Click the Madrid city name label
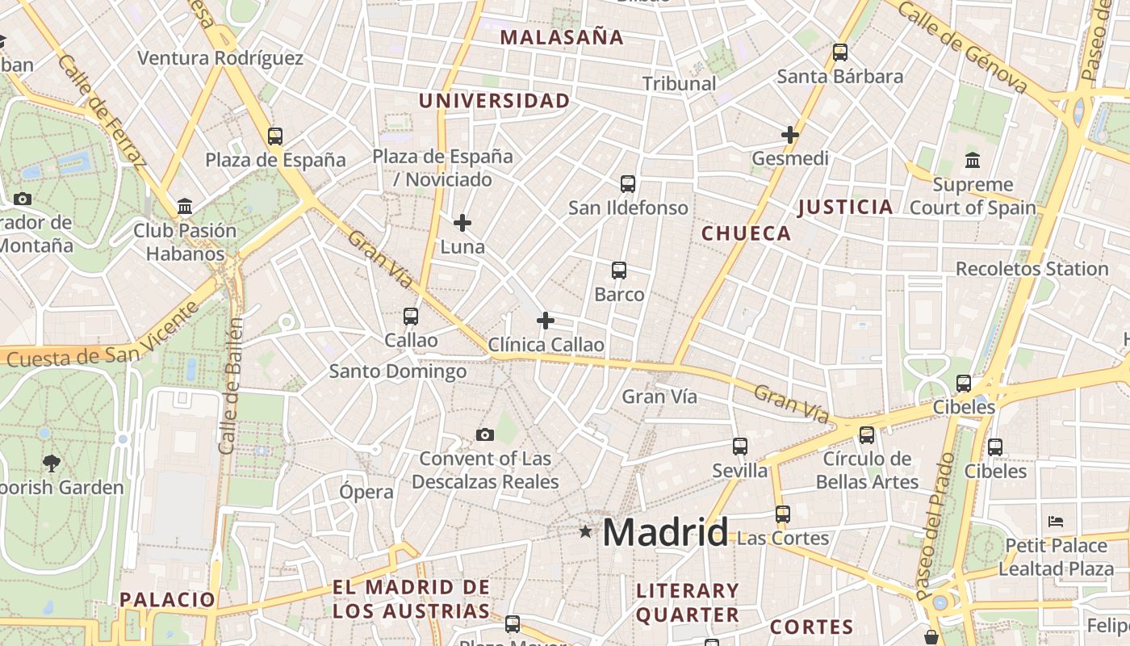click(x=665, y=533)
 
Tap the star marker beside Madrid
click(x=585, y=531)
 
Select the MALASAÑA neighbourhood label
click(x=562, y=37)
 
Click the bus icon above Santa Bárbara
click(x=840, y=52)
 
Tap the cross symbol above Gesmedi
click(x=790, y=135)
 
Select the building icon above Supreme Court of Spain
click(x=973, y=160)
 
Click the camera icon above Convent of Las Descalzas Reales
click(x=484, y=434)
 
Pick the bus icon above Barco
click(x=619, y=271)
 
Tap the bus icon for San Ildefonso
click(x=628, y=184)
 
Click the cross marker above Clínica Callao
click(x=546, y=321)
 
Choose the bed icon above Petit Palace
click(x=1056, y=521)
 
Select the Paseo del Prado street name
click(x=935, y=525)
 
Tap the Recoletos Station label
click(x=1032, y=269)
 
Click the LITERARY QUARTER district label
click(x=688, y=602)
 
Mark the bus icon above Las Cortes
click(x=782, y=514)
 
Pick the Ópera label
click(x=366, y=492)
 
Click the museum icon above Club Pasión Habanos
click(x=185, y=207)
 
